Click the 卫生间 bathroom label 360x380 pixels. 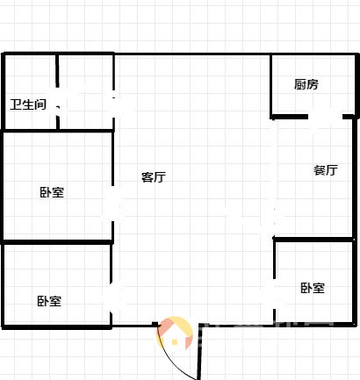[28, 104]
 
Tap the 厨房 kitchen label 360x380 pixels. [306, 84]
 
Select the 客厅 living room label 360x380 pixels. [154, 177]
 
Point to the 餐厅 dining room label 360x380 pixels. [326, 170]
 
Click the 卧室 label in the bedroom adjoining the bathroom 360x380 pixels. [52, 192]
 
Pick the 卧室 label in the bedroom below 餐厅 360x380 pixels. [313, 288]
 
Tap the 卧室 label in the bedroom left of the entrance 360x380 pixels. [49, 301]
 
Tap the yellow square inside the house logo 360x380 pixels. [175, 342]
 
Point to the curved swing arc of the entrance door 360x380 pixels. [172, 359]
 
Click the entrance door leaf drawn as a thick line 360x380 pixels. [199, 352]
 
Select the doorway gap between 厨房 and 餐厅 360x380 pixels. [325, 117]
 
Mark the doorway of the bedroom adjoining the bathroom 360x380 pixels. [112, 204]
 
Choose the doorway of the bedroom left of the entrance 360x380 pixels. [111, 298]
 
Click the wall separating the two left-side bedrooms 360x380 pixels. [57, 242]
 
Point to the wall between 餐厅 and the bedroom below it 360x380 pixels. [313, 240]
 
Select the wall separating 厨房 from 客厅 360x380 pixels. [271, 85]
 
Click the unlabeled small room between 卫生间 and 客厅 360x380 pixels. [85, 92]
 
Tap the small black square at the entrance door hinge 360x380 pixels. [155, 324]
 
